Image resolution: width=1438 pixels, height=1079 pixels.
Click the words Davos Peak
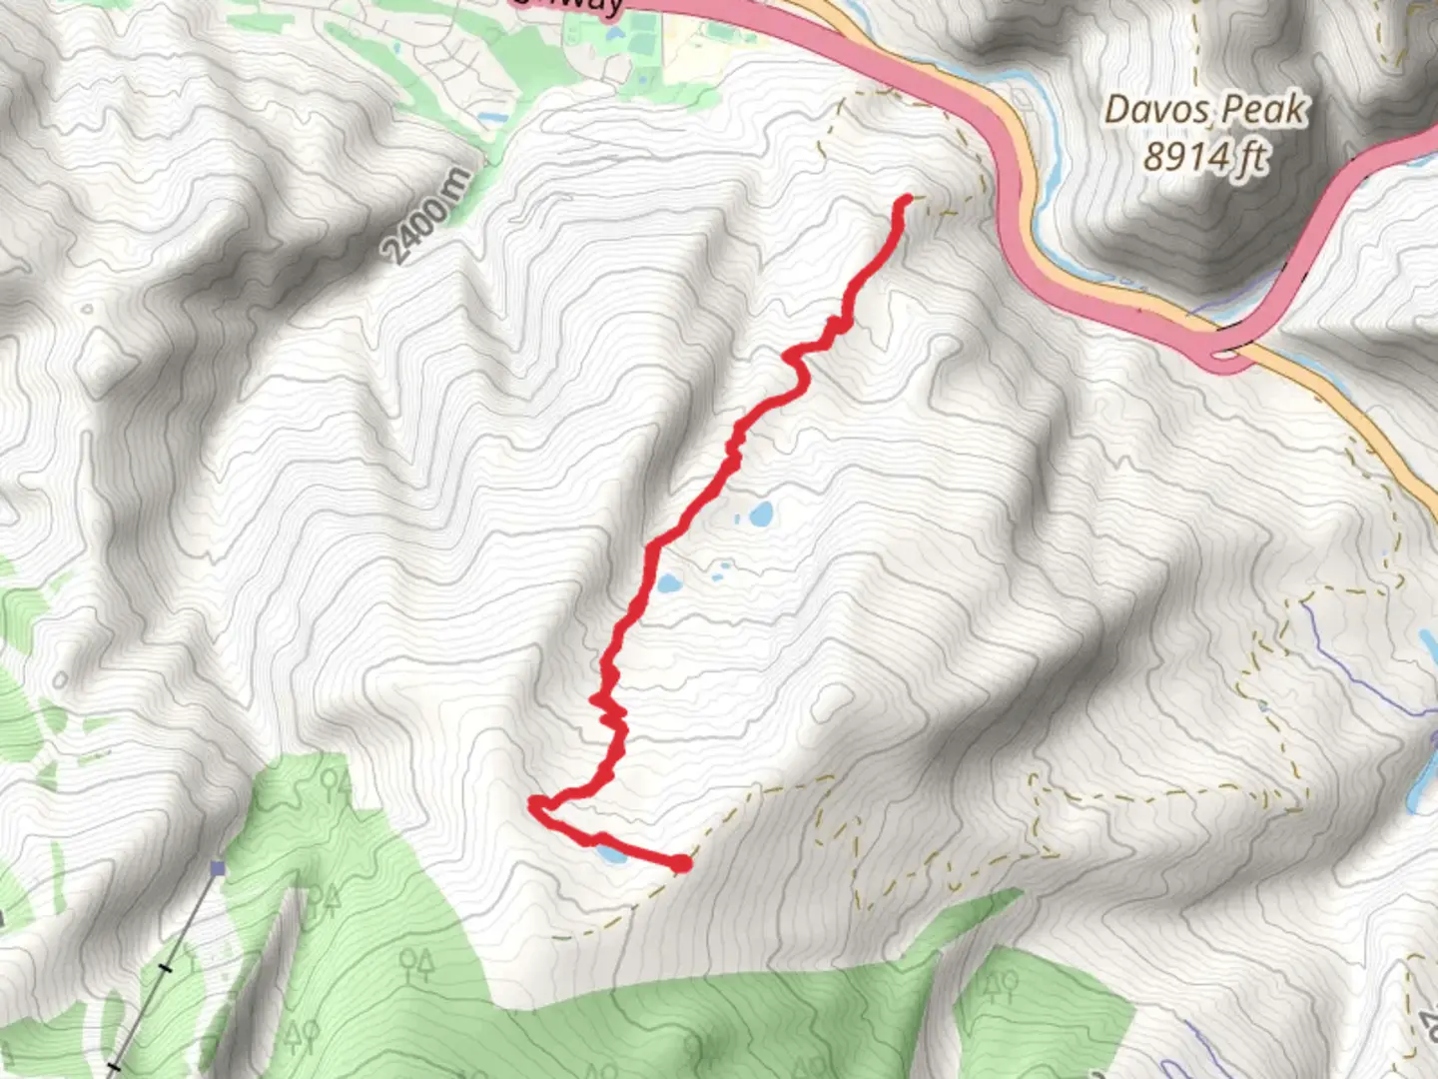1205,109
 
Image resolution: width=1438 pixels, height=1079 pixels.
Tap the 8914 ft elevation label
1205,156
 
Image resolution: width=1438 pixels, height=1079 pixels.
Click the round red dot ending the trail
681,863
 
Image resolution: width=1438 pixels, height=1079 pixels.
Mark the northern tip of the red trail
907,199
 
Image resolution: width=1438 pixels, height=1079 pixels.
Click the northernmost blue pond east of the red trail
761,515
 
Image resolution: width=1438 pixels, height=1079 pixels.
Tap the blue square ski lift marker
218,869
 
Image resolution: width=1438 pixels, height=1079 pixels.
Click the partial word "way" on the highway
589,6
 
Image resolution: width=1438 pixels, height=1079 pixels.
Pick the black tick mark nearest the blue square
167,967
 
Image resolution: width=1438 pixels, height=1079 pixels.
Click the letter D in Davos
1116,110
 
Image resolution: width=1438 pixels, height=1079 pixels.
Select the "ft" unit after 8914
1252,157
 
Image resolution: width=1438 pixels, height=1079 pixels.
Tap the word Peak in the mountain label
1269,109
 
